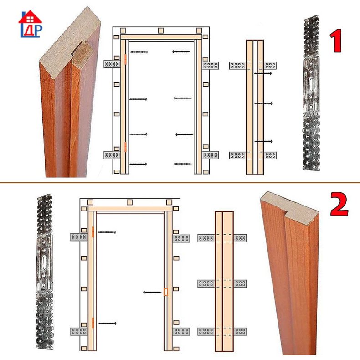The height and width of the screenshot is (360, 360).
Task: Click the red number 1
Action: pos(336,41)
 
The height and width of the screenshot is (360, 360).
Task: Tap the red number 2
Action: pos(339,204)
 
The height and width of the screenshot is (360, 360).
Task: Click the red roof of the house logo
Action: pos(30,17)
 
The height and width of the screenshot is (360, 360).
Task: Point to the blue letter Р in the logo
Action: pos(38,31)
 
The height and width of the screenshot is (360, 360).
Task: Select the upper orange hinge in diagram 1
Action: pos(125,59)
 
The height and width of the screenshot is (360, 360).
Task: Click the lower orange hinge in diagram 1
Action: pos(125,147)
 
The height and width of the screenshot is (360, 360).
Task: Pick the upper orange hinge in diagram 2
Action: pos(93,232)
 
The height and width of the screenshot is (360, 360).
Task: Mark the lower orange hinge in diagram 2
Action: pos(93,323)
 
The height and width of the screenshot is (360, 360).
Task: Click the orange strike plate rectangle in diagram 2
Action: pos(166,292)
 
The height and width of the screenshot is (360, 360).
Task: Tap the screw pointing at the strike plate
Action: pos(152,292)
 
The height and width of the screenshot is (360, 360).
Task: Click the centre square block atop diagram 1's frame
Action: pos(161,31)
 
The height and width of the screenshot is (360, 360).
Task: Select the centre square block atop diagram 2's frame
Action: pos(129,202)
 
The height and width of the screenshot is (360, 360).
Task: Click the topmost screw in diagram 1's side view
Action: pos(263,73)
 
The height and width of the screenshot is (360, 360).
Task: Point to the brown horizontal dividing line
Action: pos(180,183)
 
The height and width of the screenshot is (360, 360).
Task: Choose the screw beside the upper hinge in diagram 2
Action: pos(107,232)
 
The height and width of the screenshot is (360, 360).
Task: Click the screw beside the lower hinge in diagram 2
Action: pos(107,324)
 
